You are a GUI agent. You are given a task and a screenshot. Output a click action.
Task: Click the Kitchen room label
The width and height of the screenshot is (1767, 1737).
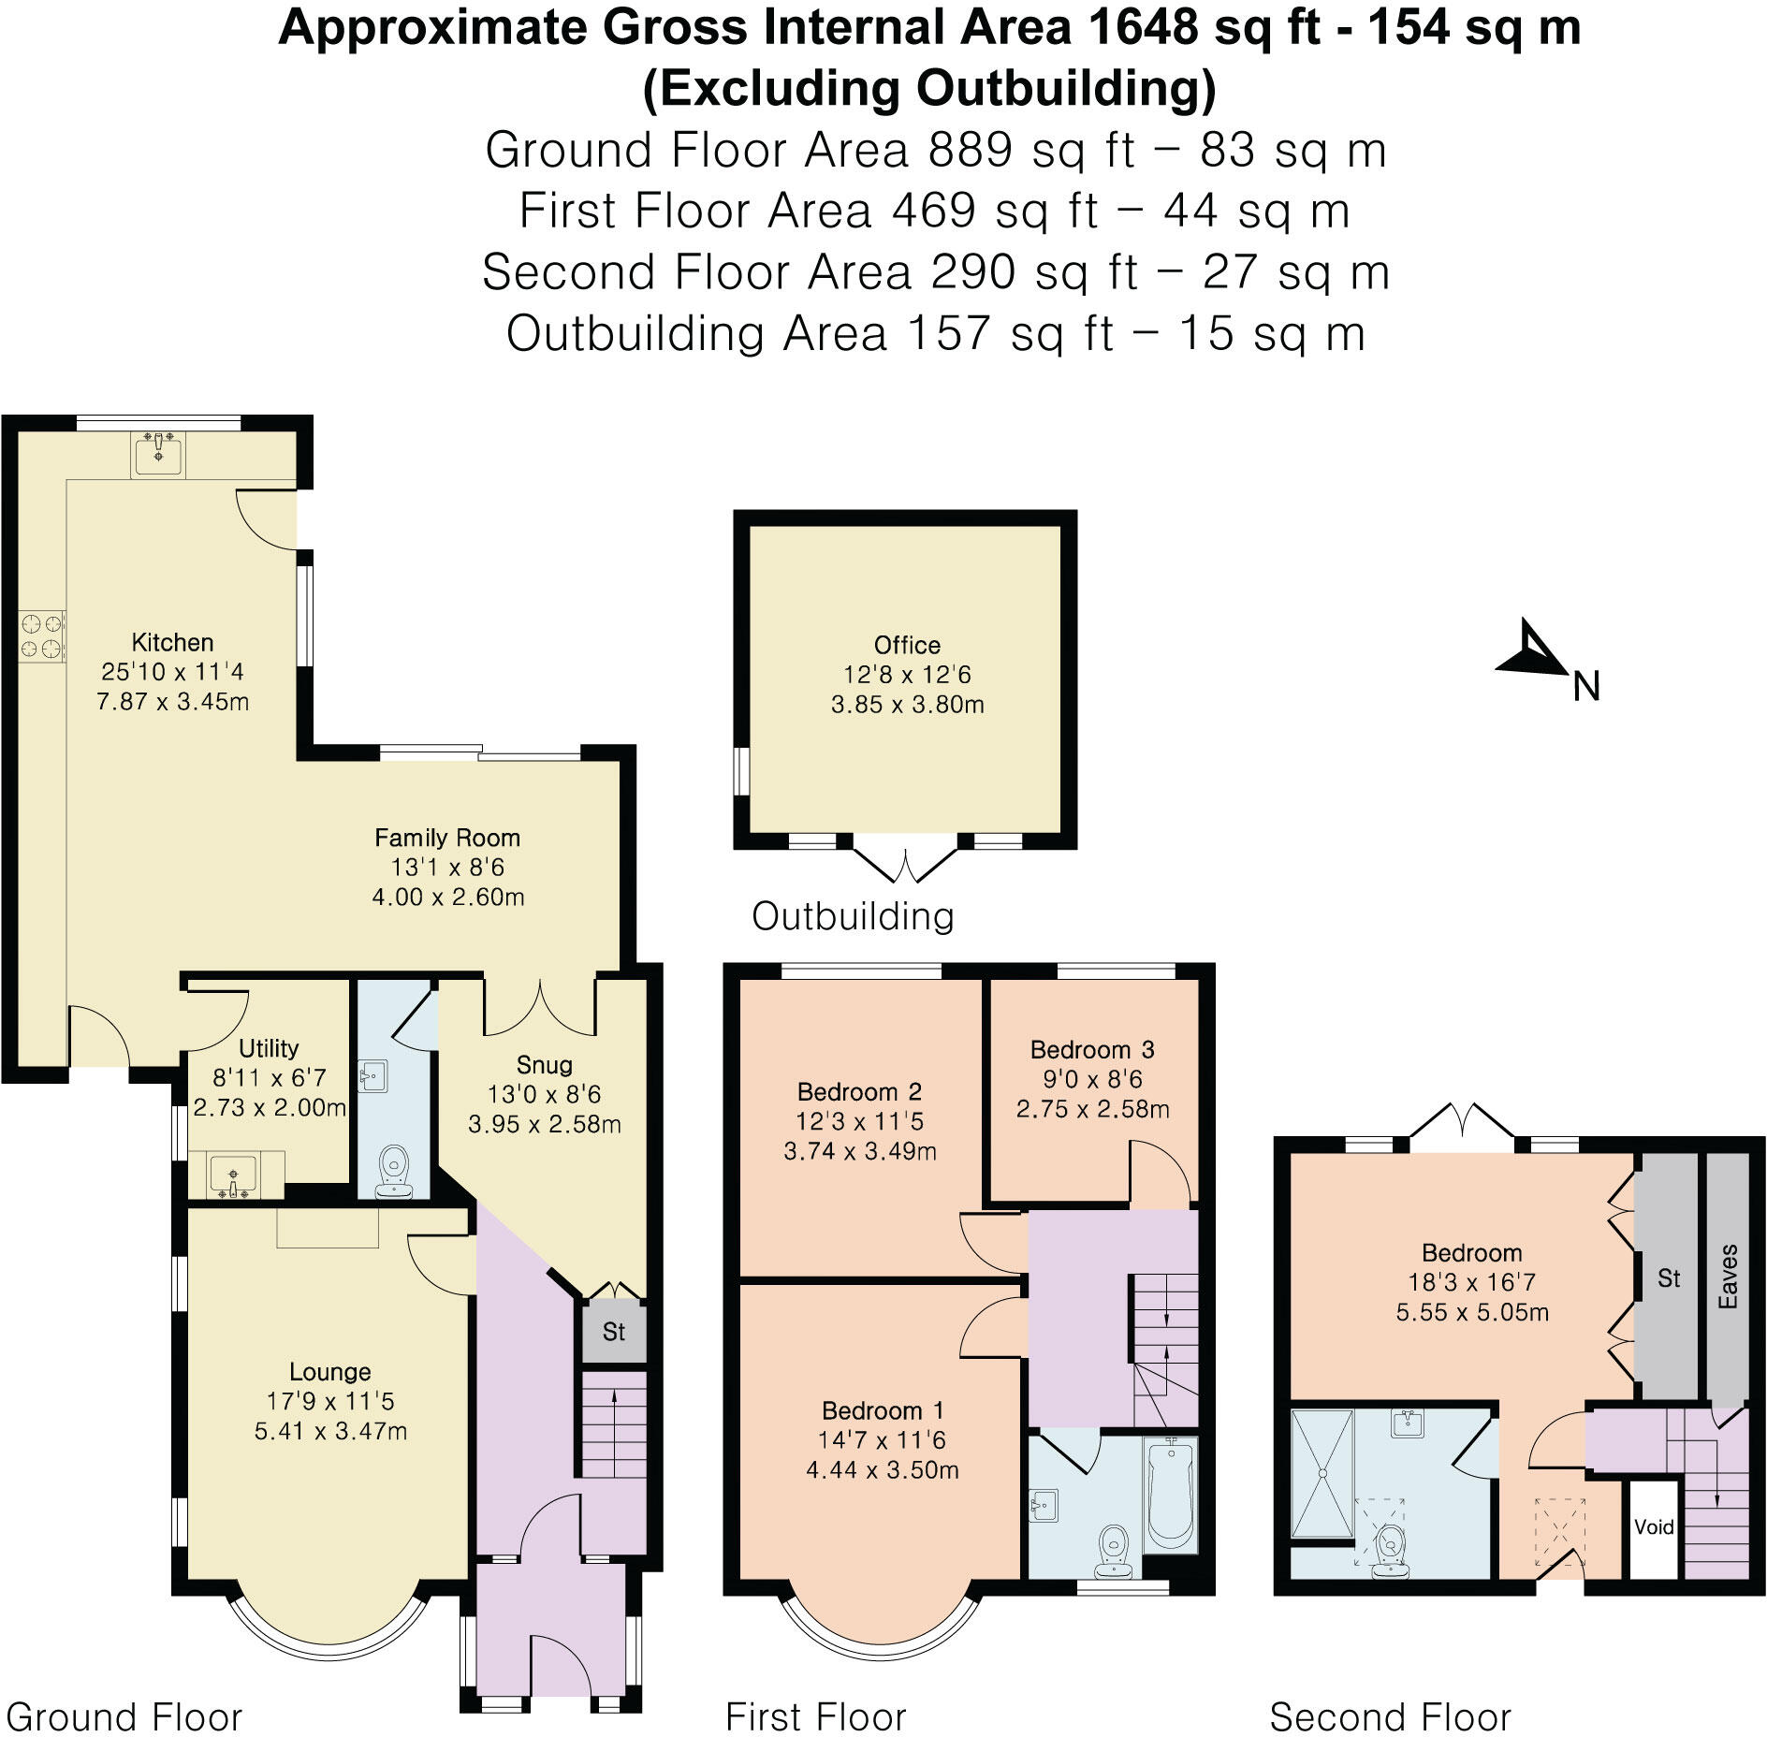(172, 642)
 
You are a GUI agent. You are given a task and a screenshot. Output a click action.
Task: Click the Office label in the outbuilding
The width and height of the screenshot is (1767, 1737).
(906, 645)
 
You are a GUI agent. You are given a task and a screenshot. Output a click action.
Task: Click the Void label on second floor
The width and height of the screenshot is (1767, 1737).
(1653, 1527)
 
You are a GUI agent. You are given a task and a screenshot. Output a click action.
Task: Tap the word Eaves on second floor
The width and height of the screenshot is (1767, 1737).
(1727, 1277)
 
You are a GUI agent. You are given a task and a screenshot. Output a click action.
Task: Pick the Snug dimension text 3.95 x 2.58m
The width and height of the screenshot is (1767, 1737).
(544, 1124)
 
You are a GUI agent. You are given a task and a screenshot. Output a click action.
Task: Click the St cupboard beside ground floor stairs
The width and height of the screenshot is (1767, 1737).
(613, 1332)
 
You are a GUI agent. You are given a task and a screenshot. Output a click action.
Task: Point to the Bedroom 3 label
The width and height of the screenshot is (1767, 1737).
(1092, 1049)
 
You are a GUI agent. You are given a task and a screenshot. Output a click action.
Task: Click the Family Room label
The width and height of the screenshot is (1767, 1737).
(447, 838)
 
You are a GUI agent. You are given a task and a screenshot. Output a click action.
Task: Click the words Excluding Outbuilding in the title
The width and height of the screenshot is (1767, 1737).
(929, 89)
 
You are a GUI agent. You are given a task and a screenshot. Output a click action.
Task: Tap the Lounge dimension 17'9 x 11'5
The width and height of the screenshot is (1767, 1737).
(329, 1401)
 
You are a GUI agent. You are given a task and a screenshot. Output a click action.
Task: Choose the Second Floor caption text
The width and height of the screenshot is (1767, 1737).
(1390, 1717)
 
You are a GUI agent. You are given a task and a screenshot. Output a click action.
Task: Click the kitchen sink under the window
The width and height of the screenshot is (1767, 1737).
(157, 454)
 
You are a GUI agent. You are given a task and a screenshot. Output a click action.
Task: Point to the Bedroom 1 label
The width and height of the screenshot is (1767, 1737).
(882, 1410)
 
